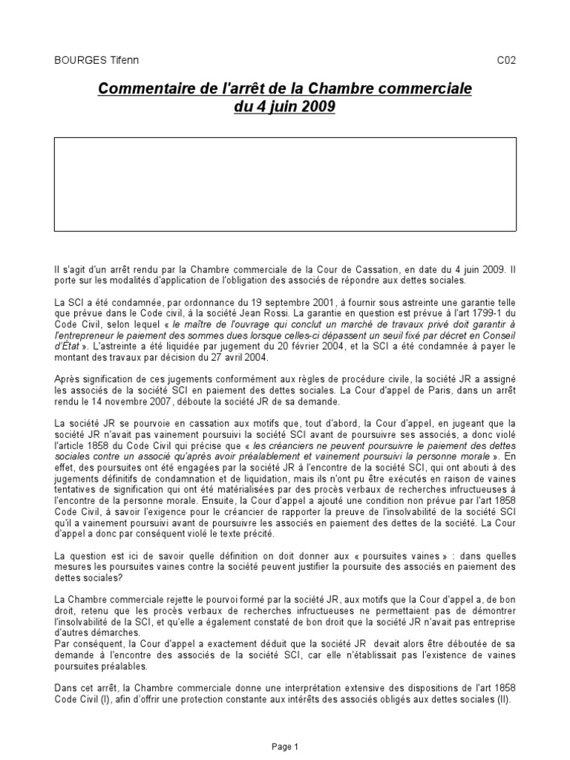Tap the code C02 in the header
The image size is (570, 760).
tap(506, 60)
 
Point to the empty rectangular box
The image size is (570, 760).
tap(285, 184)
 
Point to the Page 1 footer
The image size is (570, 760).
tap(285, 746)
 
